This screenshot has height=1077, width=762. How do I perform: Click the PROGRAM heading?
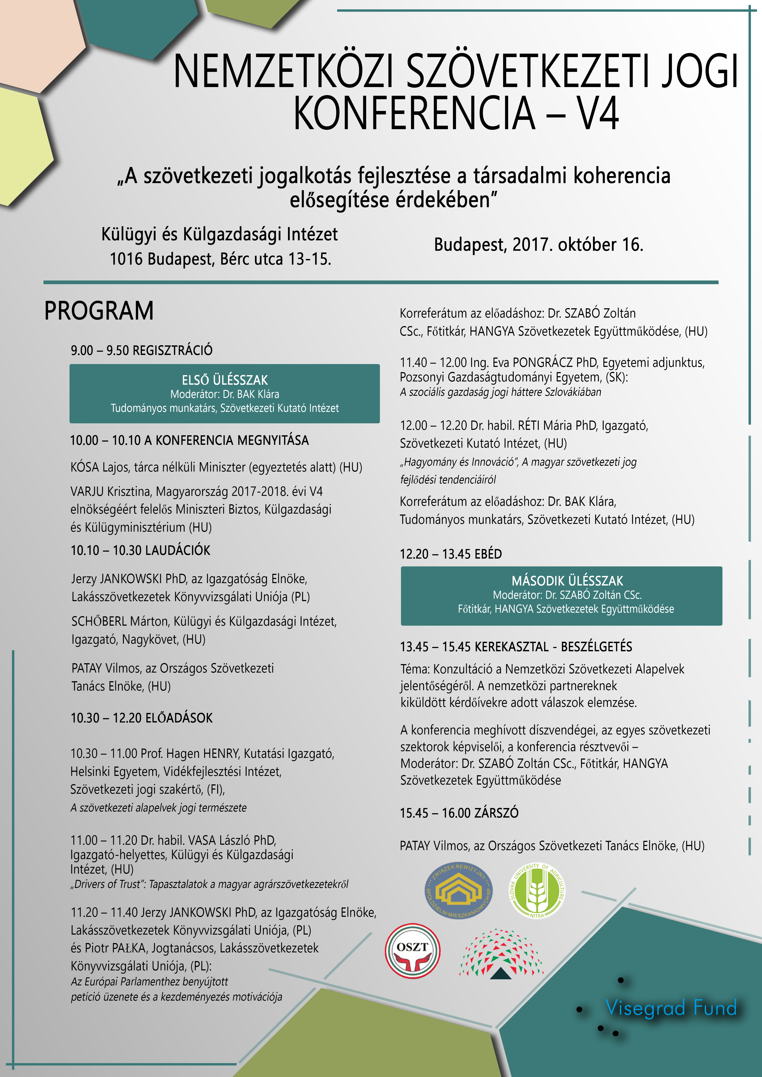click(x=99, y=311)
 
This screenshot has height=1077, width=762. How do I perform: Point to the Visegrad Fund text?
click(x=671, y=1008)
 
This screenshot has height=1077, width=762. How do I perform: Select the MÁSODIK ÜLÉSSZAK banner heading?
click(x=567, y=581)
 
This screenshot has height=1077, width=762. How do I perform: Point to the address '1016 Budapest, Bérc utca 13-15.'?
click(x=220, y=259)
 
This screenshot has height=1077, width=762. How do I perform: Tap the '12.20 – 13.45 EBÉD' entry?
click(x=451, y=554)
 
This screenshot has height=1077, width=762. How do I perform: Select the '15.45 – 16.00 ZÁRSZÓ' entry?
click(x=459, y=813)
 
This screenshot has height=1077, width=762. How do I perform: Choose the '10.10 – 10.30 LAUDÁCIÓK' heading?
click(x=140, y=550)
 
